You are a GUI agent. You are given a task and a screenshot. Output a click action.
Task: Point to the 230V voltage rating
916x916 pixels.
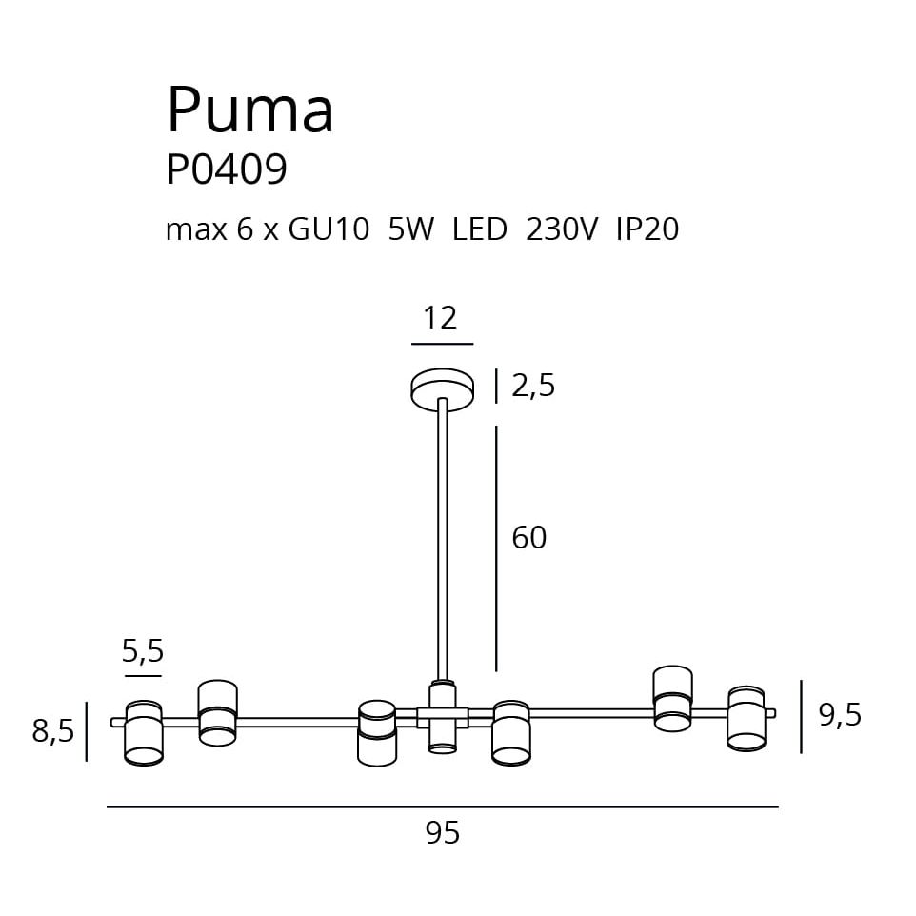[x=562, y=229]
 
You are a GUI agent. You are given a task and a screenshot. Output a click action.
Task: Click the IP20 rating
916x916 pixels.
[x=647, y=229]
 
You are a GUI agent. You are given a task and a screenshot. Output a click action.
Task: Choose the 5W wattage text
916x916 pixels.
[x=410, y=229]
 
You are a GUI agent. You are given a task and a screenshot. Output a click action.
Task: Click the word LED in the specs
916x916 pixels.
[x=480, y=229]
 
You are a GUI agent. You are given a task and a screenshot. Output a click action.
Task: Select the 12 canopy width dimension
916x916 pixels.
[x=440, y=317]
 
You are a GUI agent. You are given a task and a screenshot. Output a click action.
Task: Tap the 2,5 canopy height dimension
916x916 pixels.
[x=533, y=387]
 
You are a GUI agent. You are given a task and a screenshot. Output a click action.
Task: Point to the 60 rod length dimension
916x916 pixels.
[x=529, y=538]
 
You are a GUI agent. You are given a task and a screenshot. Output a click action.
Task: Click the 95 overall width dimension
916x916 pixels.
[x=443, y=833]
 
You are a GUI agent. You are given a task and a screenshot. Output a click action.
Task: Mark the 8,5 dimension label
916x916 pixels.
[x=53, y=731]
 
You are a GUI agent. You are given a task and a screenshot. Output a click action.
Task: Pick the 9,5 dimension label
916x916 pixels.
[x=840, y=714]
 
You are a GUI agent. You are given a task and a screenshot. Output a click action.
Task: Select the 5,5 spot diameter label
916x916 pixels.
[x=143, y=651]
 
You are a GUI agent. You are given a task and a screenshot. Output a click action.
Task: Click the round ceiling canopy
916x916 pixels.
[x=443, y=388]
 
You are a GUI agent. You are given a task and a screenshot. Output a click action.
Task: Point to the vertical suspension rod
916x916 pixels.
[x=443, y=538]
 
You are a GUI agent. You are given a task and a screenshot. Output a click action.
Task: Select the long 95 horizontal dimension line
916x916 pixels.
[x=443, y=807]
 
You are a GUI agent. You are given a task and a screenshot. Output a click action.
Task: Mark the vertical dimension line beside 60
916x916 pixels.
[x=496, y=548]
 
